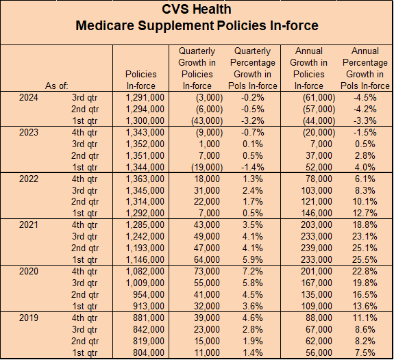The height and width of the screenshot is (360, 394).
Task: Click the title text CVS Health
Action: point(197,10)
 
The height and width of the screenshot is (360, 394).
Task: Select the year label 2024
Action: point(29,97)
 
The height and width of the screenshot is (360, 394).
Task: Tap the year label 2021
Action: point(29,224)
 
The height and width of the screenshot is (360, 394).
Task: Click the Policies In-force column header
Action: point(141,80)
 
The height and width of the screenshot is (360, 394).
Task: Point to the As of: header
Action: point(57,86)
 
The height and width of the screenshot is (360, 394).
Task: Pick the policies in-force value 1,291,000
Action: point(145,97)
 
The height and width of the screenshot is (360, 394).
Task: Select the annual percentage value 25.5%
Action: point(365,259)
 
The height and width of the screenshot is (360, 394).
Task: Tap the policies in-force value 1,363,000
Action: point(145,179)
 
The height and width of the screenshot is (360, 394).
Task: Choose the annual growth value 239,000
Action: point(317,248)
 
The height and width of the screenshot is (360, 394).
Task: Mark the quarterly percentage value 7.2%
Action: point(253,272)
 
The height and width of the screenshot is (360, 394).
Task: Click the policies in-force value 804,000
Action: point(149,352)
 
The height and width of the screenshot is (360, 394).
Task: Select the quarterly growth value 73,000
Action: point(207,272)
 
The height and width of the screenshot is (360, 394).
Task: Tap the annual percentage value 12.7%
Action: point(365,213)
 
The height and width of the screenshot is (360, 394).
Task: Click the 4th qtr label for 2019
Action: point(85,318)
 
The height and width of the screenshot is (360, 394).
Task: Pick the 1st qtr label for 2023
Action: point(85,167)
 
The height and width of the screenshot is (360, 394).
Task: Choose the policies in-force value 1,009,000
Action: point(145,283)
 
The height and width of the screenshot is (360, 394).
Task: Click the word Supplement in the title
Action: point(176,25)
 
